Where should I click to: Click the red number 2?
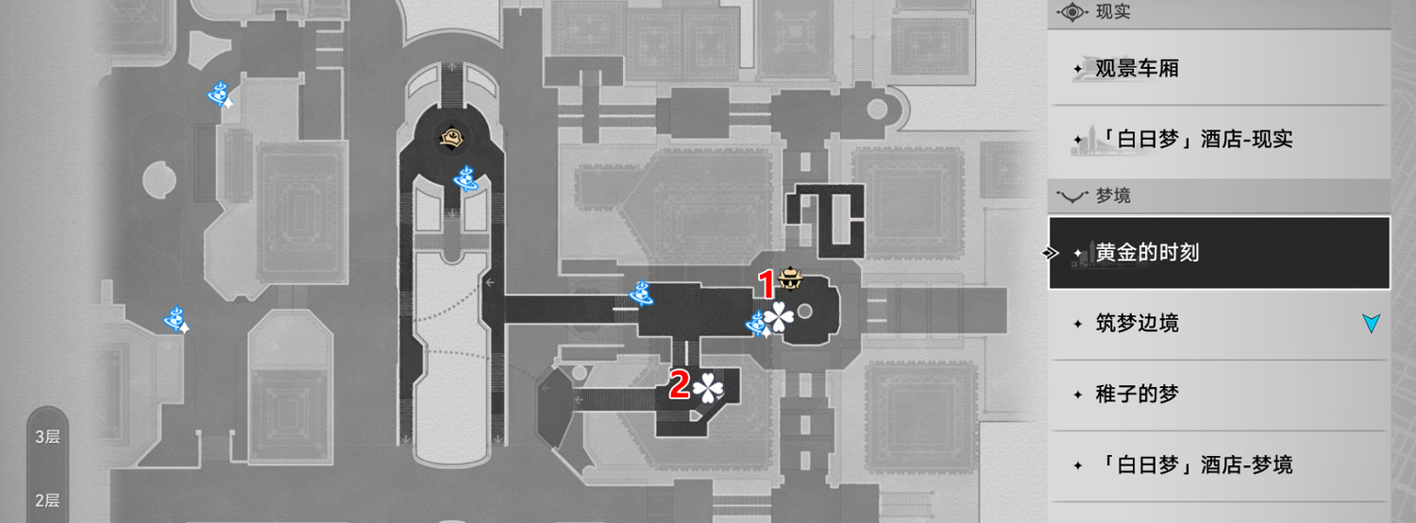pyautogui.click(x=679, y=384)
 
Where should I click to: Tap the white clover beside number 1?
pyautogui.click(x=780, y=318)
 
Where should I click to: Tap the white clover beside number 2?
pyautogui.click(x=708, y=386)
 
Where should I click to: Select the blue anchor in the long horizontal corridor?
pyautogui.click(x=642, y=293)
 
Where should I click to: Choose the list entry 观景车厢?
pyautogui.click(x=1137, y=69)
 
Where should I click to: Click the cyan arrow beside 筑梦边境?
pyautogui.click(x=1371, y=324)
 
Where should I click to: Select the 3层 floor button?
pyautogui.click(x=48, y=437)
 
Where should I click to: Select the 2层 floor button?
pyautogui.click(x=48, y=500)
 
